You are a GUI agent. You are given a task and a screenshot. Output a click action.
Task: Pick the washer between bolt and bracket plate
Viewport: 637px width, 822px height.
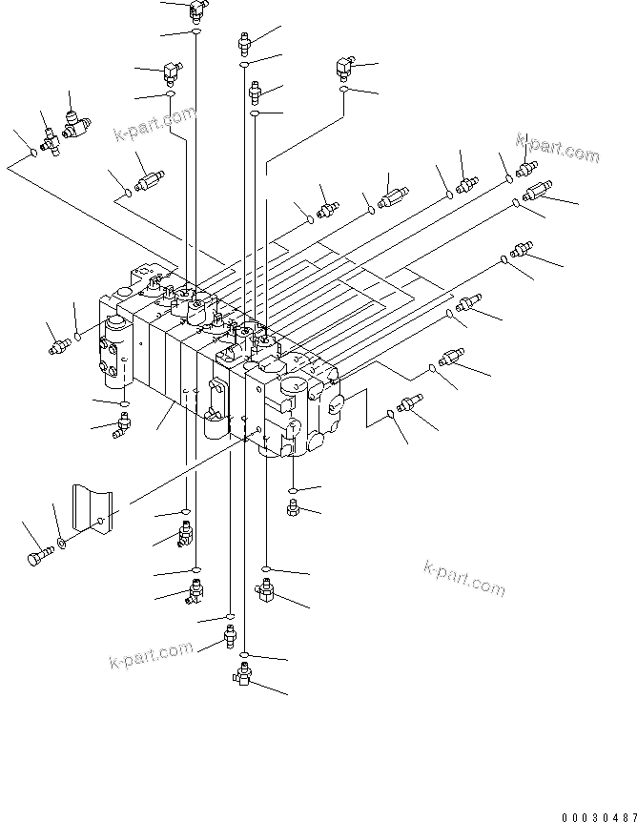[x=62, y=544]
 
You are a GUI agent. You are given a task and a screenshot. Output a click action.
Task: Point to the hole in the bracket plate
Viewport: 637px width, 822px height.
[x=100, y=521]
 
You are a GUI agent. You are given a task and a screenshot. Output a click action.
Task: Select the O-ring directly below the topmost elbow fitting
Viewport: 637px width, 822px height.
[x=195, y=33]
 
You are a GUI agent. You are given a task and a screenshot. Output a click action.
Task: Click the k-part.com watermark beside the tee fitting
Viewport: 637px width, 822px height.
[x=153, y=122]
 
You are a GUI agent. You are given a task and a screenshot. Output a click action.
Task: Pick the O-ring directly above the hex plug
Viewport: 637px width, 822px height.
[x=294, y=490]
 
